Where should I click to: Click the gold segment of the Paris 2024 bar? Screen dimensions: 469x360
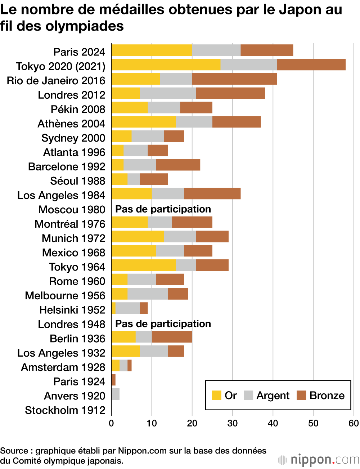[x=152, y=50]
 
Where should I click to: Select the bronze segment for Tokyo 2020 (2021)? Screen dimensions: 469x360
[x=311, y=65]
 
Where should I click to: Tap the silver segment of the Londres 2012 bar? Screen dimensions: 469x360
[x=168, y=93]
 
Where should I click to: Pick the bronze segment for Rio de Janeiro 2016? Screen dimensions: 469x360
[x=234, y=79]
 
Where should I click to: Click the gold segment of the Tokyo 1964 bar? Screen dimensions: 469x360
[x=144, y=265]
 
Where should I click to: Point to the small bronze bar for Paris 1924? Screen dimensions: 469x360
[x=113, y=380]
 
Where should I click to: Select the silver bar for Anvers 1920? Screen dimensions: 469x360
[x=116, y=394]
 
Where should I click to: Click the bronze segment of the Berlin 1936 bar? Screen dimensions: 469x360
[x=172, y=337]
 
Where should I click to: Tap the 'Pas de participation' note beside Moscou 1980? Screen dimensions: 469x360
[x=163, y=209]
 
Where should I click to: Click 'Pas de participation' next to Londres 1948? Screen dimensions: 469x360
[x=163, y=324]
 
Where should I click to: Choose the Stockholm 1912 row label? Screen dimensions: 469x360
[x=65, y=410]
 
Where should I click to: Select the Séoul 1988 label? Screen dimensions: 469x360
[x=78, y=181]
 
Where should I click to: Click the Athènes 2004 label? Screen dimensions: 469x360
[x=71, y=124]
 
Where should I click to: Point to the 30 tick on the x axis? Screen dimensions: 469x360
[x=232, y=423]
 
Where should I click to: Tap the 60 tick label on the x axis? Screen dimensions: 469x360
[x=354, y=423]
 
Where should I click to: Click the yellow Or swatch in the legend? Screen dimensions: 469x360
[x=216, y=396]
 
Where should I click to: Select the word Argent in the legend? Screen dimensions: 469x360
[x=273, y=396]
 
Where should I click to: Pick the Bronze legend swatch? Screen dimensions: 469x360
[x=301, y=396]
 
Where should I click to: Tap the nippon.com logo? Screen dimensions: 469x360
[x=319, y=460]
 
